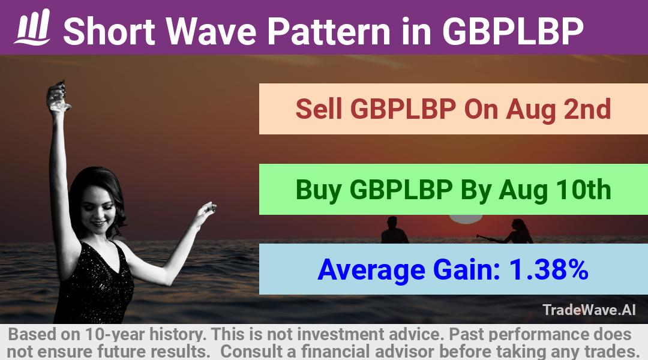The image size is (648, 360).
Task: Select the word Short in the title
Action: (109, 31)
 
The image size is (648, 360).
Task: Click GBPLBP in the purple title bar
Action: (513, 31)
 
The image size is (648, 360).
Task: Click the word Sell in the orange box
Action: (319, 109)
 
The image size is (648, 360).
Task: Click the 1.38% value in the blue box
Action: (548, 269)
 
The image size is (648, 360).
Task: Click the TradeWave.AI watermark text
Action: (589, 310)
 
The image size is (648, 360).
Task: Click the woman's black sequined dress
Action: (95, 285)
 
